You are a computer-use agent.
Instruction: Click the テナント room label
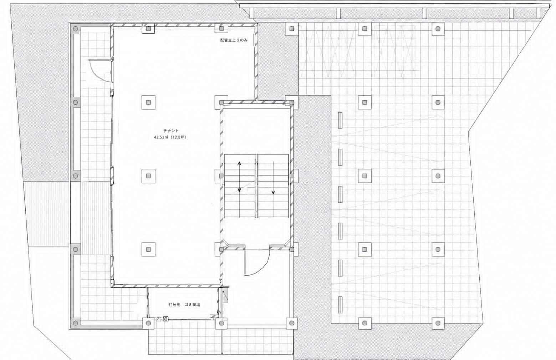tap(171, 131)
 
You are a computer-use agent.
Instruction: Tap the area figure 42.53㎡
tap(160, 137)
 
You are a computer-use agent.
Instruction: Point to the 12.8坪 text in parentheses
tap(178, 137)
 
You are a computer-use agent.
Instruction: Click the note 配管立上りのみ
tap(234, 40)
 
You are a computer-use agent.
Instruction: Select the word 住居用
tap(174, 305)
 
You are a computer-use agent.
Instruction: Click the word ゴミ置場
tap(192, 305)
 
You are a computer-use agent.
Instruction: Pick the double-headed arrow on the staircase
tap(239, 177)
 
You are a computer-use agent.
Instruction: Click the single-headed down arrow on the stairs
tap(273, 178)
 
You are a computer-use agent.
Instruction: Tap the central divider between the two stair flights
tap(256, 186)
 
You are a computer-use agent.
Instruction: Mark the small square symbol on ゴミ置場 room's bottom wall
tap(166, 319)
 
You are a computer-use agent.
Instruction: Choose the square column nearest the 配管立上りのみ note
tap(221, 29)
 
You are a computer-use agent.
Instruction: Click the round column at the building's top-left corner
tap(76, 29)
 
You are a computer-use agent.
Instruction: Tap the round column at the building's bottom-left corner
tap(76, 323)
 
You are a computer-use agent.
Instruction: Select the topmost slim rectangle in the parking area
tap(340, 120)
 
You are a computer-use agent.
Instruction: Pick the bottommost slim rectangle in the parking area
tap(340, 305)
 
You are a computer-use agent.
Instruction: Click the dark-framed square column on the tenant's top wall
tap(148, 29)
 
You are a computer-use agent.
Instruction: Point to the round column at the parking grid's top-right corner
tap(438, 29)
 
